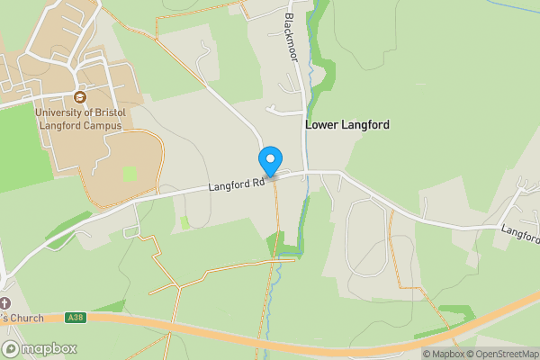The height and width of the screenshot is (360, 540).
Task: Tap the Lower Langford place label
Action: pos(347,125)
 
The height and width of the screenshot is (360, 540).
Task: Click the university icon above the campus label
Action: pos(79,97)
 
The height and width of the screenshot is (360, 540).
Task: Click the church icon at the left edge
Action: pos(5,302)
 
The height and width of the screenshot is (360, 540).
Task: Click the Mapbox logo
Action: pos(40,348)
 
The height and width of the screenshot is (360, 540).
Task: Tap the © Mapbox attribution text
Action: pos(443,354)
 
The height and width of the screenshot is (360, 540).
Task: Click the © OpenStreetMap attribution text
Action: pos(501,354)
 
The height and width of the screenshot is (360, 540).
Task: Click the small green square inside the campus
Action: pos(130,174)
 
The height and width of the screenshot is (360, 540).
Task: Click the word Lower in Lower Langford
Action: pos(322,125)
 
